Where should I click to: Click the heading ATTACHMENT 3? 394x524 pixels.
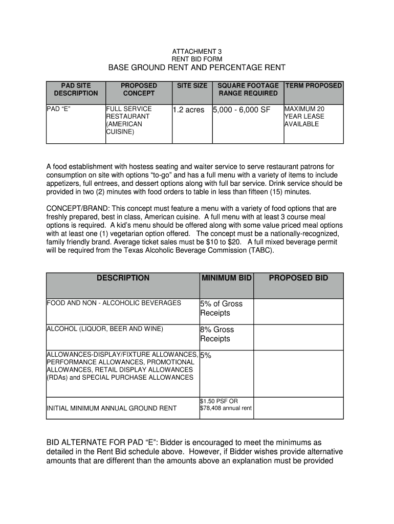coord(196,52)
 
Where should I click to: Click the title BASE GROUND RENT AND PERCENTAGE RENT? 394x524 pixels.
coord(196,68)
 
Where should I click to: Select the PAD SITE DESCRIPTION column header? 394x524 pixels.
coord(76,89)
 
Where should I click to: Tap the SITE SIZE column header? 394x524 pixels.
coord(192,85)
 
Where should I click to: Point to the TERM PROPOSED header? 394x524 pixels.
coord(314,85)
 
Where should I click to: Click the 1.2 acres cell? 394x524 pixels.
coord(188,110)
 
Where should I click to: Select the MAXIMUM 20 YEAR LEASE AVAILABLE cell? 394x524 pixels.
coord(304,117)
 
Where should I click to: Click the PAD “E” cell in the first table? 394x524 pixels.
coord(58,109)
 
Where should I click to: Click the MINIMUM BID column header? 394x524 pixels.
coord(226,278)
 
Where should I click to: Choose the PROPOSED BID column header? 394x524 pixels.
coord(299,278)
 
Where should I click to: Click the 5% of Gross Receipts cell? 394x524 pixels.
coord(221,308)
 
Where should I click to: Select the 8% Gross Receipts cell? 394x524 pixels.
coord(217,334)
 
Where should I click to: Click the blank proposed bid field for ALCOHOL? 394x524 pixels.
coord(298,337)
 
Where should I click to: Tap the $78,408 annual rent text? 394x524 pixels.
coord(225,408)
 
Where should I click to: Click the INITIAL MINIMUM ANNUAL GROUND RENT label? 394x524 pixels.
coord(112,408)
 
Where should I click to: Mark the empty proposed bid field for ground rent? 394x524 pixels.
coord(298,408)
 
